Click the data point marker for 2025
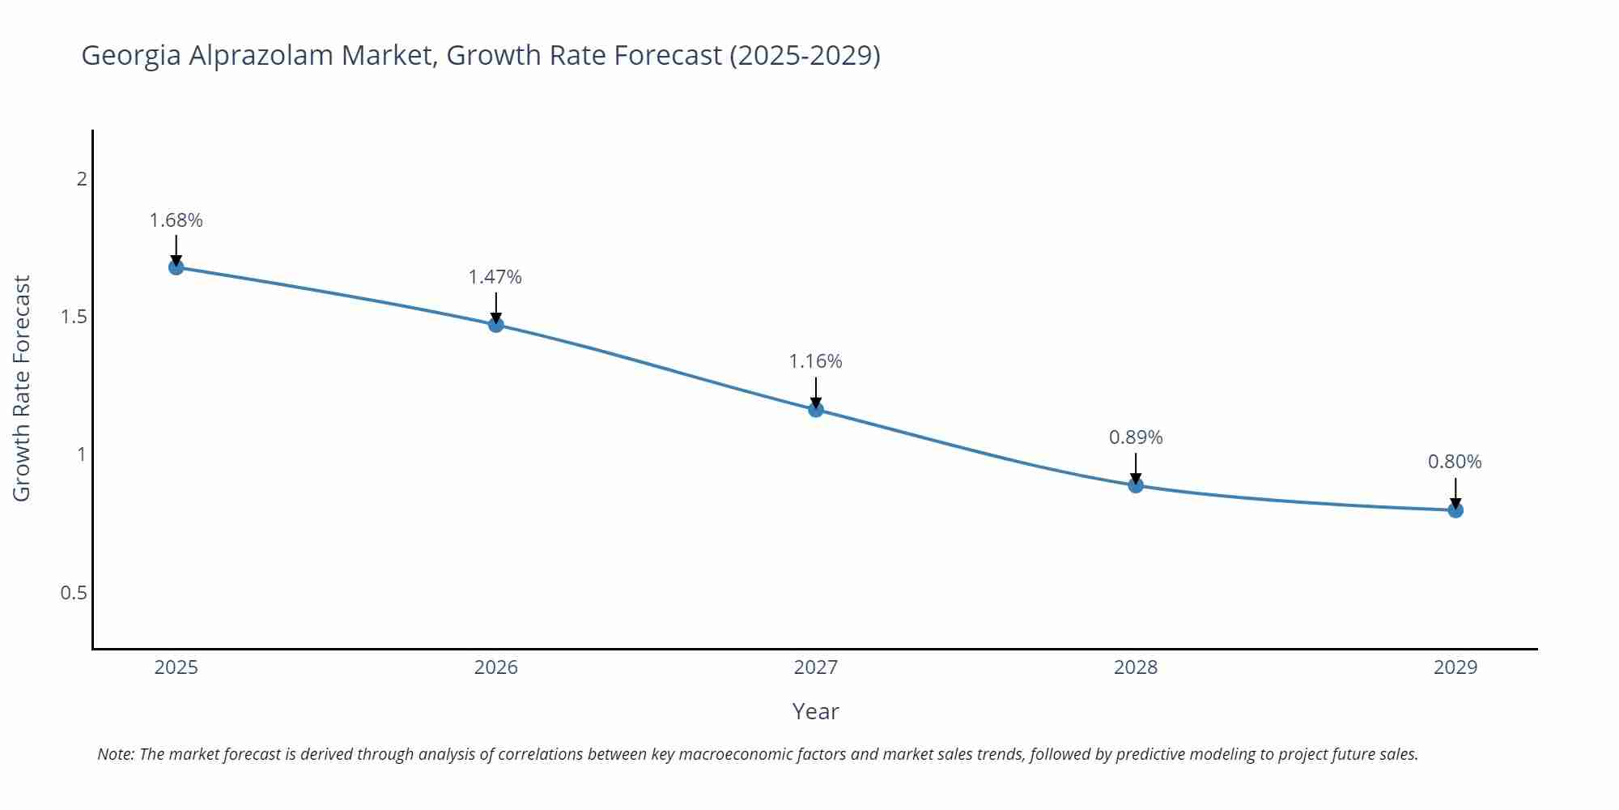tap(176, 267)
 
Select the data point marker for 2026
tap(496, 325)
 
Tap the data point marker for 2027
tap(816, 410)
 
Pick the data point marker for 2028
tap(1136, 485)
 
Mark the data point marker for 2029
tap(1455, 510)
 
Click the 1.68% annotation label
tap(176, 220)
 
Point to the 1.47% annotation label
tap(495, 277)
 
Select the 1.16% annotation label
tap(816, 361)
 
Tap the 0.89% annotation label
tap(1136, 437)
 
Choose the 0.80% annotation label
tap(1455, 462)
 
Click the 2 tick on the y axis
tap(82, 178)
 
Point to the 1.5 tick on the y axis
tap(74, 317)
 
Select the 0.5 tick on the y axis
tap(74, 593)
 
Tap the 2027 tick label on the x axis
tap(816, 667)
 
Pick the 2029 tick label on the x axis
tap(1455, 667)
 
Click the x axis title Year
tap(816, 711)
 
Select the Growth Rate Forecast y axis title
tap(22, 388)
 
